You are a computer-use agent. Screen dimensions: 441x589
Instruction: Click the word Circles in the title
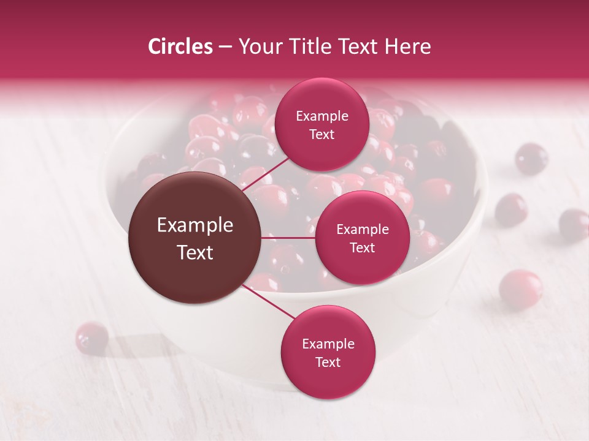tap(180, 47)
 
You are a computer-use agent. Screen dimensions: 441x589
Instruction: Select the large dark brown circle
tap(195, 238)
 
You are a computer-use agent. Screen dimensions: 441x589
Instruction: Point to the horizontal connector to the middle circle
tap(288, 238)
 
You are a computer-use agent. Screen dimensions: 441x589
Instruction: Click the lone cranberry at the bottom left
tap(91, 337)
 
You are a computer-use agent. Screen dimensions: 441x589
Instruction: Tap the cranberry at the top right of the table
tap(531, 158)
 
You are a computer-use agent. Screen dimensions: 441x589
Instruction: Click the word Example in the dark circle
tap(195, 225)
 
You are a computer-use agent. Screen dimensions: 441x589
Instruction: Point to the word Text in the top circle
tap(322, 134)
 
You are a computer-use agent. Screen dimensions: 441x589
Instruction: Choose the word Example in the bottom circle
tap(328, 344)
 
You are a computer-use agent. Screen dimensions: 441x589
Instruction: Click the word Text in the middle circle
tap(362, 247)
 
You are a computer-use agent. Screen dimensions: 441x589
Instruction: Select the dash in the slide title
tap(225, 47)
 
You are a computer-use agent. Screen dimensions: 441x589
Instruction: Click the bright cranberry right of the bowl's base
tap(520, 288)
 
